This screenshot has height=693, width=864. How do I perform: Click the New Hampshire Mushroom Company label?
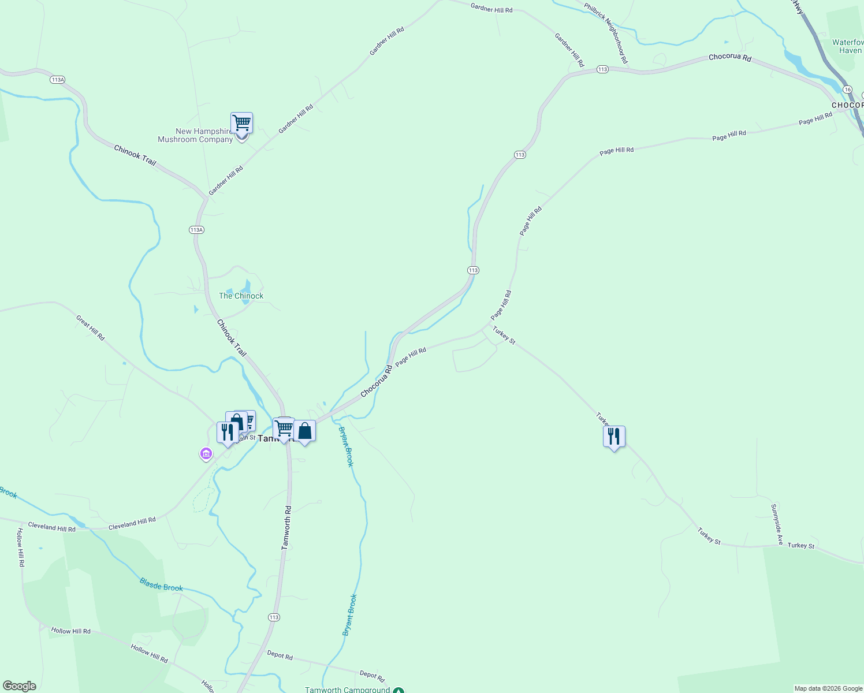click(x=195, y=135)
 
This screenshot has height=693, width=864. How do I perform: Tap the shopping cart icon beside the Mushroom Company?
click(x=241, y=123)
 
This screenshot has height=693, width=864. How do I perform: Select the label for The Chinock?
click(x=241, y=296)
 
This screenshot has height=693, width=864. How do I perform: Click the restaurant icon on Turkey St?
click(x=614, y=437)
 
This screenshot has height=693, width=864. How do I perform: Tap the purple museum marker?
click(x=206, y=454)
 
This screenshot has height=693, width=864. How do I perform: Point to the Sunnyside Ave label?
click(x=777, y=524)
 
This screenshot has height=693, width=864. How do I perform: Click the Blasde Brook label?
click(x=161, y=584)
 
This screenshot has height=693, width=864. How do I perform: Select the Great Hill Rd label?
click(x=91, y=327)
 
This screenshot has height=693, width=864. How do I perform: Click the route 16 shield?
click(x=847, y=90)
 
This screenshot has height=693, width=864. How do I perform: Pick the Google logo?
click(x=19, y=686)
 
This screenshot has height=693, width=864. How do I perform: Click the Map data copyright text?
click(x=828, y=688)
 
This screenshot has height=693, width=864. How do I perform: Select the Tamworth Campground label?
click(x=348, y=690)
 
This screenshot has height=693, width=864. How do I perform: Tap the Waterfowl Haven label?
click(x=847, y=46)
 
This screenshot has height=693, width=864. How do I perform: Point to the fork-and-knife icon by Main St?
click(x=228, y=432)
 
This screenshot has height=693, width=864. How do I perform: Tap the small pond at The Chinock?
click(x=247, y=286)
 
